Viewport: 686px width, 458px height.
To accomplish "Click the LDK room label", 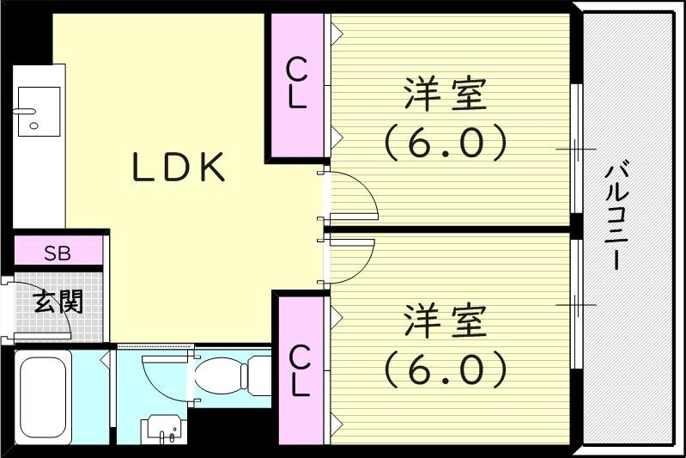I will pyautogui.click(x=179, y=168).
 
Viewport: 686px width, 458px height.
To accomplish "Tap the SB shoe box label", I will pyautogui.click(x=58, y=253).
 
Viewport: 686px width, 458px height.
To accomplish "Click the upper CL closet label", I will pyautogui.click(x=297, y=83).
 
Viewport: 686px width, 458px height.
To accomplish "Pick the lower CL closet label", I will pyautogui.click(x=299, y=371).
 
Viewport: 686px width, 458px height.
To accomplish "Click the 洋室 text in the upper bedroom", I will pyautogui.click(x=446, y=95).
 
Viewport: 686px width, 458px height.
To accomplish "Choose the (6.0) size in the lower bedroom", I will pyautogui.click(x=446, y=370).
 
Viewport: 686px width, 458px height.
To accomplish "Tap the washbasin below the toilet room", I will pyautogui.click(x=162, y=427).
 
